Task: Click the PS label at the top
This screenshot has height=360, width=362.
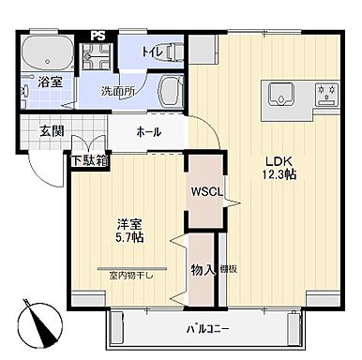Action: point(98,37)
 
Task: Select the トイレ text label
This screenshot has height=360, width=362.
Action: point(155,52)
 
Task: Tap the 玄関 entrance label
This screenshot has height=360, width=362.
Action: point(52,131)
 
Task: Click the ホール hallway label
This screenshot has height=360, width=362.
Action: point(149,131)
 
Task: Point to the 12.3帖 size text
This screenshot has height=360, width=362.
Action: point(279,173)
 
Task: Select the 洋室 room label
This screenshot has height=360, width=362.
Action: point(129,224)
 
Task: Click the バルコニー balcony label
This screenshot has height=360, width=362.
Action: point(207,328)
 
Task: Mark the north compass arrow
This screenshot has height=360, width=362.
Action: point(38,323)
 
